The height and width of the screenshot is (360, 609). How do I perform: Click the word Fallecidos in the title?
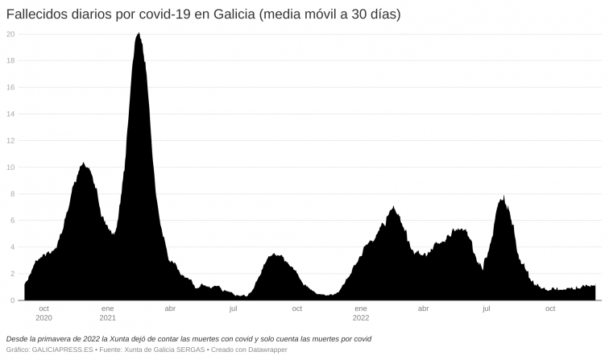point(37,14)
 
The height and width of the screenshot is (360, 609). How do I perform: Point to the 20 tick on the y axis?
point(10,34)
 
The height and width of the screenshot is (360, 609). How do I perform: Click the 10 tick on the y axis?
point(10,168)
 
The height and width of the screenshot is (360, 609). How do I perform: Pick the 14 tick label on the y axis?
point(10,114)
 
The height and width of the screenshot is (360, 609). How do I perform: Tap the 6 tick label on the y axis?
point(12,221)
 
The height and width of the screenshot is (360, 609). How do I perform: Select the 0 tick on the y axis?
point(12,300)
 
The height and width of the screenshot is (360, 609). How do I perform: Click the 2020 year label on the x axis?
point(43,317)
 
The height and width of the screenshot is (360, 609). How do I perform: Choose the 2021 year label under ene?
point(107,317)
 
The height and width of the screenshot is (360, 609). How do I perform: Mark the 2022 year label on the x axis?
point(360,317)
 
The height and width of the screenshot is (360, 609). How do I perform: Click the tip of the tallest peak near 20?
point(139,34)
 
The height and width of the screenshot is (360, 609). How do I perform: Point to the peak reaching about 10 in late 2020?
point(83,163)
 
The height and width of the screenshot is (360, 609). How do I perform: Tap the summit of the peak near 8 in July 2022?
point(503,197)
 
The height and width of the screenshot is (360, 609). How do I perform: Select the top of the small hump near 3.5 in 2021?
point(275,254)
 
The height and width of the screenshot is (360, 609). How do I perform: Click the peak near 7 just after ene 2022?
point(393,207)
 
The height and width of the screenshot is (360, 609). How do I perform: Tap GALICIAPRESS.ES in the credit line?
point(61,350)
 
